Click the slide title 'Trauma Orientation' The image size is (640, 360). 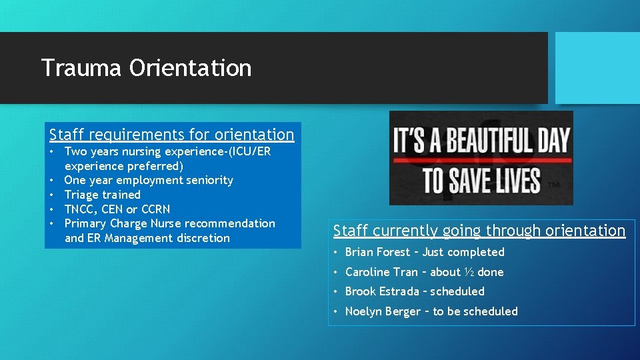pos(146,68)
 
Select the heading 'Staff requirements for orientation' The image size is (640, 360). pos(171,135)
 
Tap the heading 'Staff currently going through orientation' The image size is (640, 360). pos(479,231)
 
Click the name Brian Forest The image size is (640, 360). pos(377,252)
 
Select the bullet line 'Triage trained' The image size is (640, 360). pos(102,195)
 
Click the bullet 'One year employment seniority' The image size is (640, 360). pos(149,180)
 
